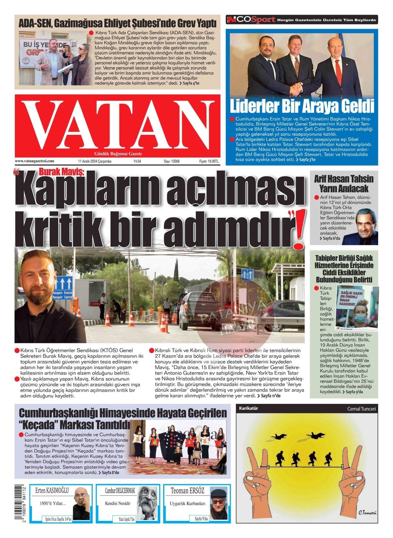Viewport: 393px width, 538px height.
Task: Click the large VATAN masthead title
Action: point(117,125)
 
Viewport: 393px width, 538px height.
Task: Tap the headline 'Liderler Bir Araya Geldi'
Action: point(301,106)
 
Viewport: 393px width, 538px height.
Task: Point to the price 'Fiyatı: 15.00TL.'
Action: point(209,161)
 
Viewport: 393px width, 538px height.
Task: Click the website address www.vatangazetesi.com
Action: point(35,161)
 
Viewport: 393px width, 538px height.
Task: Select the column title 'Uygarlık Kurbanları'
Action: point(187,503)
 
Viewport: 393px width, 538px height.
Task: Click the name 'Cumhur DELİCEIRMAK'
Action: point(120,491)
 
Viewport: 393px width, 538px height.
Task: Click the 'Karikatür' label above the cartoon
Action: point(249,408)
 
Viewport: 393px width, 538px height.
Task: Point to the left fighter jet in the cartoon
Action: point(278,437)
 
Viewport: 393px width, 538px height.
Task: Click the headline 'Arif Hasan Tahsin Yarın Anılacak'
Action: point(344,184)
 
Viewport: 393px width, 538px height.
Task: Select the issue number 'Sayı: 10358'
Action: point(172,161)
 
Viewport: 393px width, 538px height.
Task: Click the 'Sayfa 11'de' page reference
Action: point(270,396)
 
